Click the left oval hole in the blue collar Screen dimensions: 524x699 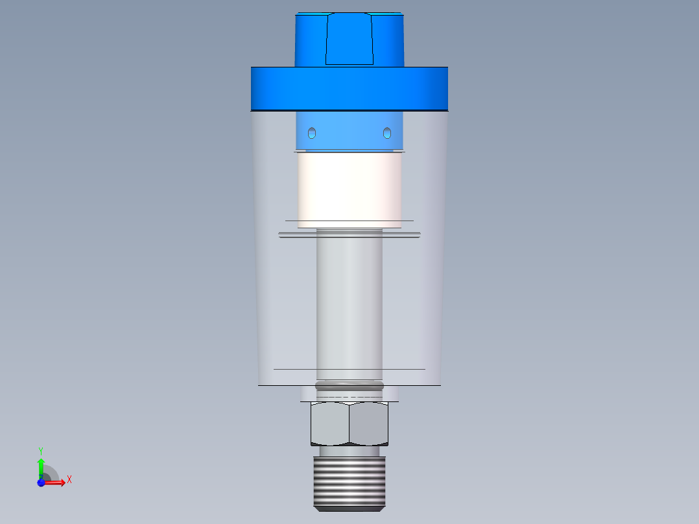313,132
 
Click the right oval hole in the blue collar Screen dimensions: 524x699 386,132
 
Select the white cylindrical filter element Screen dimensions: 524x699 349,188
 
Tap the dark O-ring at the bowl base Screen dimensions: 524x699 349,386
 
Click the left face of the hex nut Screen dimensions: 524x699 330,423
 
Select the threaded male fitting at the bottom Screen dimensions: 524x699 349,483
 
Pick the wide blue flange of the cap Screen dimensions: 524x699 349,88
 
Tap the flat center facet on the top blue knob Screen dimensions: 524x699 349,39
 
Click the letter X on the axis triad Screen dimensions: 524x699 69,480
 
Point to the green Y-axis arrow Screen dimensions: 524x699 40,466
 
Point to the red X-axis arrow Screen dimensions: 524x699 54,483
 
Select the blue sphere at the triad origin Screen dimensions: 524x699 41,483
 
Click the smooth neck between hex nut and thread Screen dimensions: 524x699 349,451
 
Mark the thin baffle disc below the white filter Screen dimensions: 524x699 349,235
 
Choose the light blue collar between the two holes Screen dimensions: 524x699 349,132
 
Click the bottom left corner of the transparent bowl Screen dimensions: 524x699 259,385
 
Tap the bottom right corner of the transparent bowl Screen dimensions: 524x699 440,385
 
